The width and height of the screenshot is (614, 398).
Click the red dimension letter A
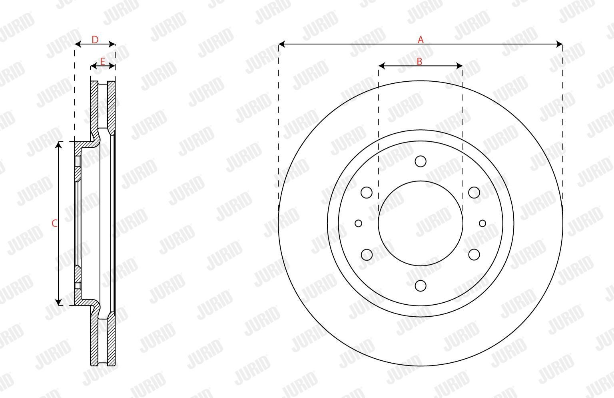tap(421, 40)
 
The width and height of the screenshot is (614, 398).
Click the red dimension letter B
tap(419, 62)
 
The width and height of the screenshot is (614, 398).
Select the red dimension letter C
tap(54, 223)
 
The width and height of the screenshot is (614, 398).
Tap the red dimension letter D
tap(95, 40)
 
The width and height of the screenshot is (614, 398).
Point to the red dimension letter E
tap(102, 62)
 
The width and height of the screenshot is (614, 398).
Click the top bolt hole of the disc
tap(421, 161)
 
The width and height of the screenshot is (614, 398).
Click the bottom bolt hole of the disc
tap(421, 286)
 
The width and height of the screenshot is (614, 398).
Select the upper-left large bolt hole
tap(367, 193)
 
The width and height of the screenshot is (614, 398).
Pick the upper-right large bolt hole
tap(474, 193)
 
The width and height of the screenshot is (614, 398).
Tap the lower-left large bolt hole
tap(367, 255)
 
